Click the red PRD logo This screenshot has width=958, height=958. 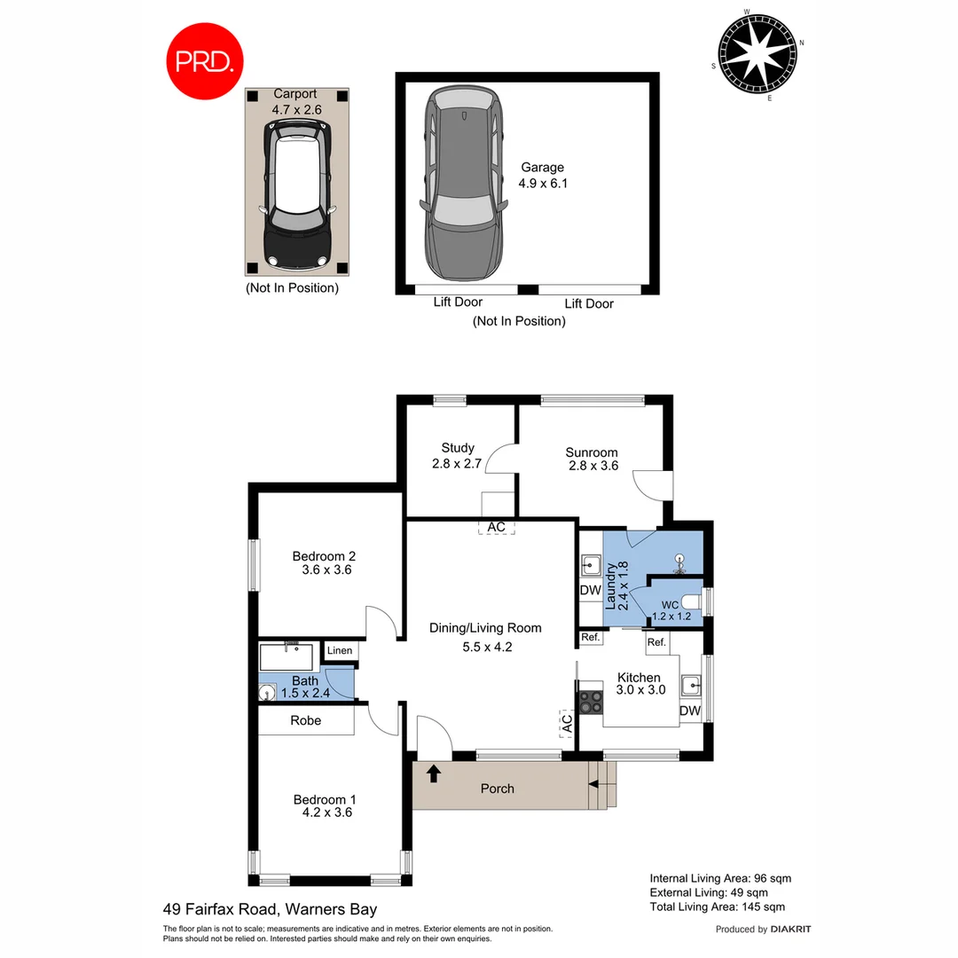click(205, 61)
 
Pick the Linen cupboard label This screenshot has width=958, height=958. click(340, 651)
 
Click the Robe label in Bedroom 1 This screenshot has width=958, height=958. click(305, 720)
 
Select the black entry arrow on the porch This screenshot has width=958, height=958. click(434, 773)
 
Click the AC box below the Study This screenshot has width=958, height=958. click(497, 527)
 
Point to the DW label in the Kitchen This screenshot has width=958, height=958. click(690, 711)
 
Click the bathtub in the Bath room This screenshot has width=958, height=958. click(286, 657)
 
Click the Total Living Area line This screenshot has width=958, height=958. click(717, 907)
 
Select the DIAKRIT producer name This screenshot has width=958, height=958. click(791, 929)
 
